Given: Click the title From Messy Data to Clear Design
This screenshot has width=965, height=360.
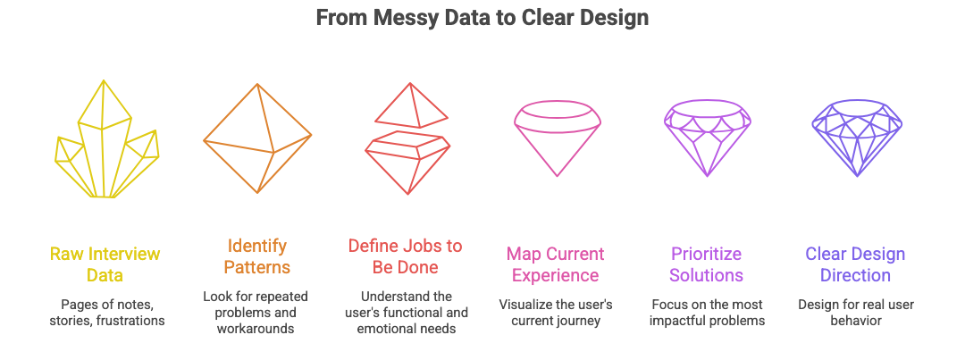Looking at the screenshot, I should click(482, 18).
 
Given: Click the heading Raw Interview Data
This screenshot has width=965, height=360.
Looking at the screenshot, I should click(106, 264).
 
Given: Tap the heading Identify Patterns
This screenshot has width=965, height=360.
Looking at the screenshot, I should click(257, 255).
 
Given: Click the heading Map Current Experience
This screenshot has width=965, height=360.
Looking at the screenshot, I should click(556, 264).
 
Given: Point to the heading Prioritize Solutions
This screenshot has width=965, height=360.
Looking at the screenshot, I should click(707, 264).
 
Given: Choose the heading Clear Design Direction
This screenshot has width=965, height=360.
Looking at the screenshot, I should click(856, 264).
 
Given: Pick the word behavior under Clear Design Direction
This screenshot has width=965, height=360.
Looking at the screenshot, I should click(855, 320).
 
